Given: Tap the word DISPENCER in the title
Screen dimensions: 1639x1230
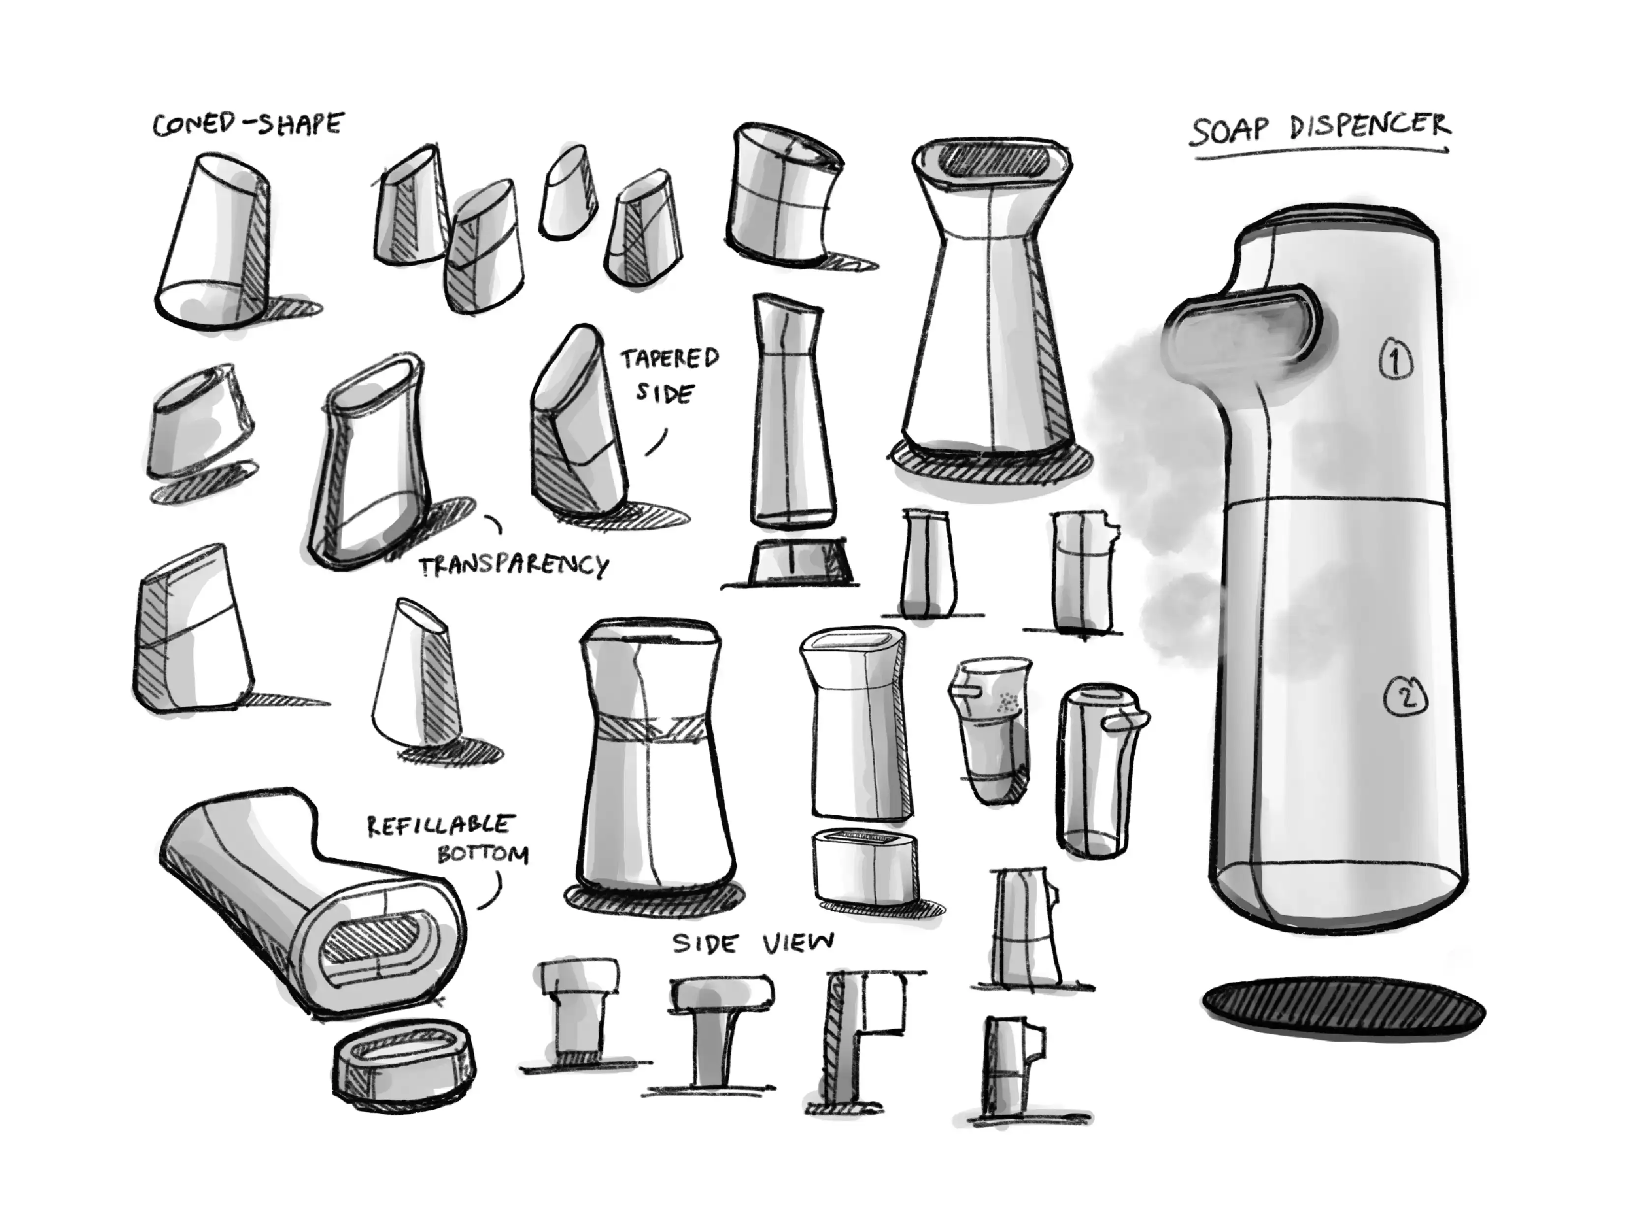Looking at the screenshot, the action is pyautogui.click(x=1370, y=127).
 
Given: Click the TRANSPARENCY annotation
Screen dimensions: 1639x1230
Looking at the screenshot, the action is pyautogui.click(x=514, y=566).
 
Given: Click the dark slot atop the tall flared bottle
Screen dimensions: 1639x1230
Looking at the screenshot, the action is pyautogui.click(x=991, y=162).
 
